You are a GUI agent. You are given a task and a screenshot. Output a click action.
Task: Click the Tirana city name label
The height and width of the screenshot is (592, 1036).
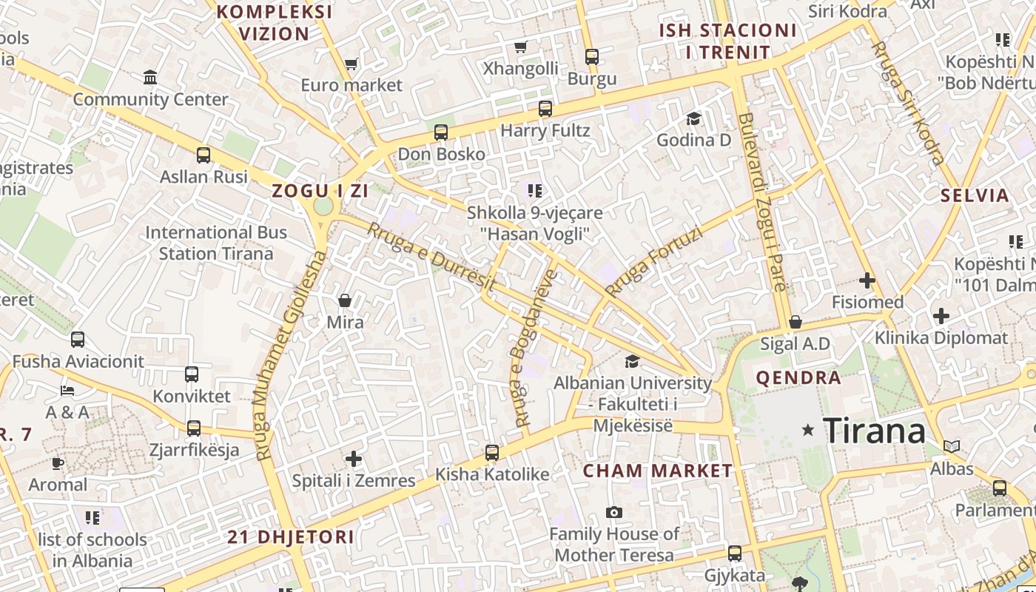coord(874,431)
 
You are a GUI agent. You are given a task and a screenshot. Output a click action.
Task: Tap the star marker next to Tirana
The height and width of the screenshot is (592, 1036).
coord(808,429)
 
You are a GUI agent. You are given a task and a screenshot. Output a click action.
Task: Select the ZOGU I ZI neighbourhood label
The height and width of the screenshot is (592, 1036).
coord(320,191)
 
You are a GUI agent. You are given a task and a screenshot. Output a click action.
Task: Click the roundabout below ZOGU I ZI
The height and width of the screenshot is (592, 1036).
coord(323,207)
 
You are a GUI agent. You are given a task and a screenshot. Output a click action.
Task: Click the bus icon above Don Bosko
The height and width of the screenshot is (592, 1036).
coord(441,132)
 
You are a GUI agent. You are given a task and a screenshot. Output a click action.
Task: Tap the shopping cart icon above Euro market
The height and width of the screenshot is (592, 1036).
coord(351,64)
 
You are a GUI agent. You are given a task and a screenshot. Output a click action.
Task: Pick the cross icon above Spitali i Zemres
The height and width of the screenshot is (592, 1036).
coord(354,459)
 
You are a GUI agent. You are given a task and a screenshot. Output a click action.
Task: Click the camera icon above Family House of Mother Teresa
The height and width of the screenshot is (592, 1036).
coord(613,512)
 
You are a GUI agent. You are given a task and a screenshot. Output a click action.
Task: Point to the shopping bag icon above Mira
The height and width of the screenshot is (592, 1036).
coord(345,300)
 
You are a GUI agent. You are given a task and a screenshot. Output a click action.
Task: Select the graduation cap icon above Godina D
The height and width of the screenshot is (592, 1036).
coord(693,118)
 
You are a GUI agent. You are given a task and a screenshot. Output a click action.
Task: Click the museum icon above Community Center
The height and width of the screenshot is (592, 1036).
coord(151,77)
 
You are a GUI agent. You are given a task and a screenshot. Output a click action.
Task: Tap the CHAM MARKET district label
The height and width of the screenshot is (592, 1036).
coord(657,471)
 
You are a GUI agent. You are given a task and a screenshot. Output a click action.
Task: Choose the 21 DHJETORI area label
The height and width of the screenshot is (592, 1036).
coord(291,537)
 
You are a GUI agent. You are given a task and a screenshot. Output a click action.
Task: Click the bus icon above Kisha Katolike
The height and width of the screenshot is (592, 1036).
coord(492,452)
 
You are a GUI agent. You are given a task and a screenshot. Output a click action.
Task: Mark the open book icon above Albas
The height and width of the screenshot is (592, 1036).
coord(952,446)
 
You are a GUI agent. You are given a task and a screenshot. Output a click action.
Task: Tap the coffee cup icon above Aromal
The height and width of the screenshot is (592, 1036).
coord(58,463)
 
